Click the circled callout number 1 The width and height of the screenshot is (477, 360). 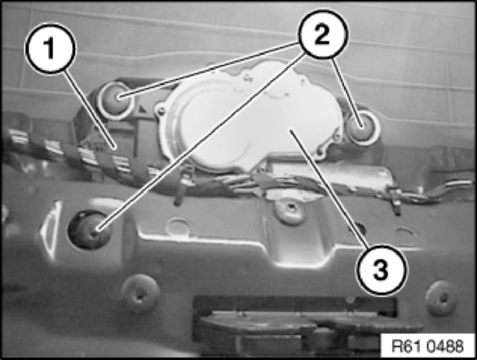50,48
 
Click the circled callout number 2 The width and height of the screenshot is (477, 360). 323,34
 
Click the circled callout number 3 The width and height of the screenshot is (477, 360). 381,270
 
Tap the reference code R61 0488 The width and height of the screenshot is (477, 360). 428,346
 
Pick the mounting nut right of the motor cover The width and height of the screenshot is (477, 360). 362,126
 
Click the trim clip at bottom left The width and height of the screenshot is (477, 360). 139,293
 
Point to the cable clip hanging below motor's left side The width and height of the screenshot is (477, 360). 182,188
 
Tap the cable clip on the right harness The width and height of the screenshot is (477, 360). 395,198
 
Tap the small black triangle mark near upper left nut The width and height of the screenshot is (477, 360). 142,107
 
